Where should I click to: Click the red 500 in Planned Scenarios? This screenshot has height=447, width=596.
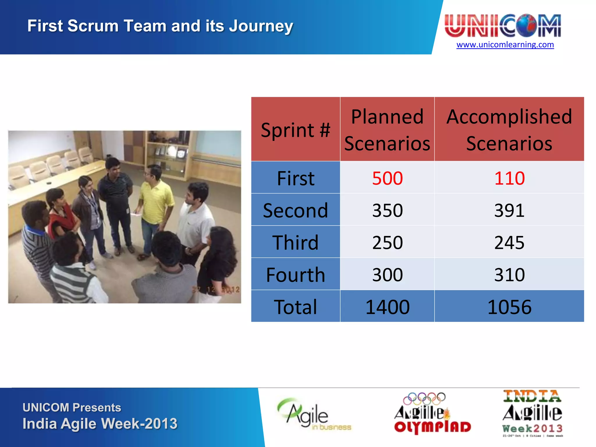coord(387,178)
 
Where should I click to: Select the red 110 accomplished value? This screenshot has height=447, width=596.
coord(509,178)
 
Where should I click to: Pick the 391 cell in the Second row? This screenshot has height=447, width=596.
coord(509,210)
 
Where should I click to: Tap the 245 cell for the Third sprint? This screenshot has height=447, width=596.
coord(509,242)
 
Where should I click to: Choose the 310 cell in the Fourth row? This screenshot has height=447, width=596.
coord(509,275)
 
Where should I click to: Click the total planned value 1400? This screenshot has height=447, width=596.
coord(387,307)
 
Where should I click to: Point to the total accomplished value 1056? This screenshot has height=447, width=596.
coord(509,307)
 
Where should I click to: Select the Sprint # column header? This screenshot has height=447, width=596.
coord(295,130)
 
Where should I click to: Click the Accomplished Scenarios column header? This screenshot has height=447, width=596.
coord(509,130)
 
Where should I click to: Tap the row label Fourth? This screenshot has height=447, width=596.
coord(295,275)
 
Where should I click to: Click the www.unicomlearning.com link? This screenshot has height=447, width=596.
coord(505,45)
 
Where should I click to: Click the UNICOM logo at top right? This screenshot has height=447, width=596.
coord(503,26)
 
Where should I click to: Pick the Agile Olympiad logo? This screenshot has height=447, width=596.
coord(432,413)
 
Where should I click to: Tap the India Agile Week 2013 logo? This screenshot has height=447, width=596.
coord(532,413)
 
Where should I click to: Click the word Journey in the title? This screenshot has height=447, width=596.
coord(261,26)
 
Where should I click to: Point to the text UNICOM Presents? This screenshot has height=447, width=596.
coord(72,407)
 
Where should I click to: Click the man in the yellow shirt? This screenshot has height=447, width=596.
coord(156,204)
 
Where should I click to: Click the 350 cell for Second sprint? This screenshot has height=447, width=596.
coord(387,210)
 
